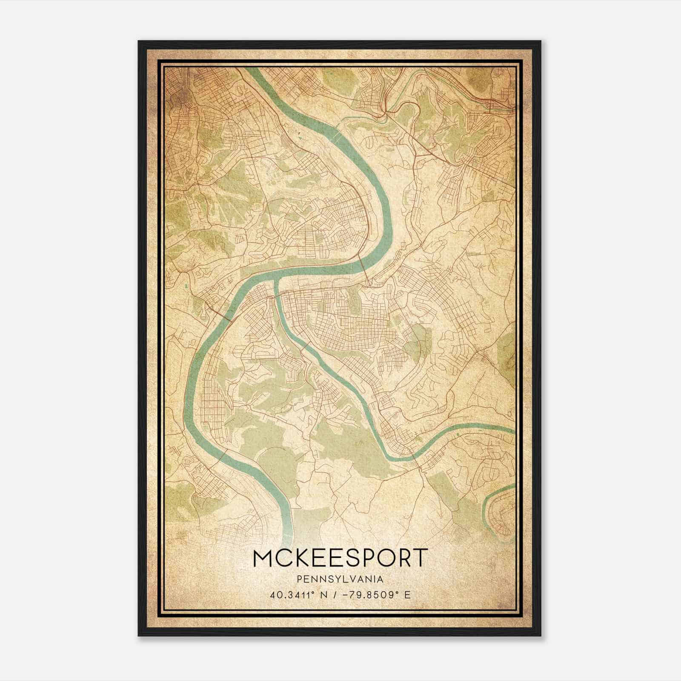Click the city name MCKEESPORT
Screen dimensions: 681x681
click(340, 558)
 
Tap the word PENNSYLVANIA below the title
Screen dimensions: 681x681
click(340, 579)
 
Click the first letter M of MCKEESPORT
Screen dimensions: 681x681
click(262, 558)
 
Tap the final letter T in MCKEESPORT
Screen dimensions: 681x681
click(419, 558)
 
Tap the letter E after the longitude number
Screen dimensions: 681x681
click(408, 595)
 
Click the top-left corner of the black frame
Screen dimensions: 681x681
click(139, 42)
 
